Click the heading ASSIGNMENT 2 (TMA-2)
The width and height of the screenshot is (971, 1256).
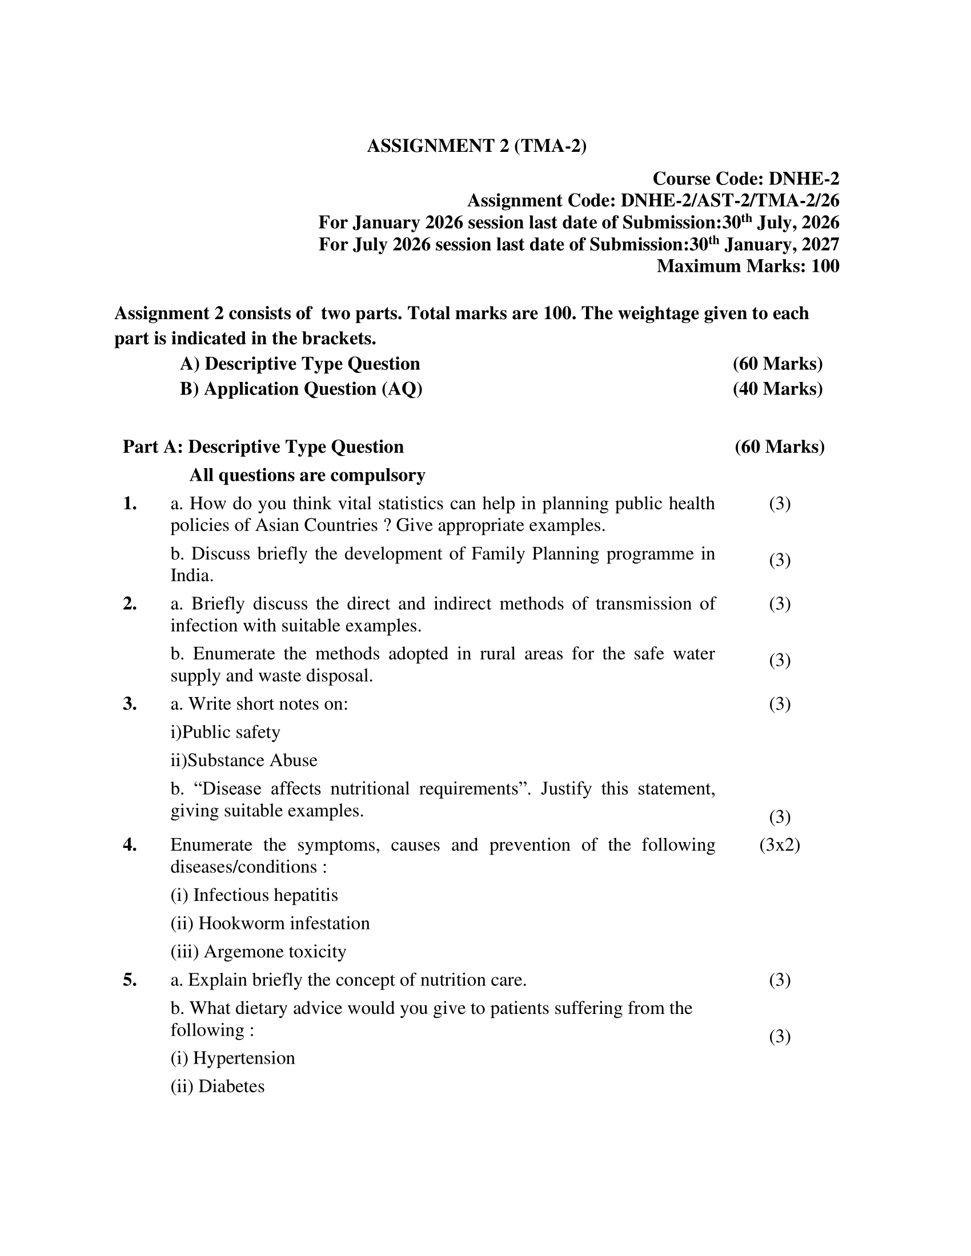click(476, 146)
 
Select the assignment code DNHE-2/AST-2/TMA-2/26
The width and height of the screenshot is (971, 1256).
click(729, 201)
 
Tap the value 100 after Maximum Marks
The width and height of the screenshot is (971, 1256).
click(825, 266)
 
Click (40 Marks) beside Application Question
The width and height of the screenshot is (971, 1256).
click(777, 389)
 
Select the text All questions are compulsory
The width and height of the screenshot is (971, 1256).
click(307, 475)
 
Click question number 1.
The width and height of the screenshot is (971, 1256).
click(130, 504)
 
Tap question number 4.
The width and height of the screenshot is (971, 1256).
click(130, 845)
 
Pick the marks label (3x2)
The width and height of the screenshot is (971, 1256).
click(780, 845)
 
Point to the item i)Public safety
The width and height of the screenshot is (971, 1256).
click(225, 732)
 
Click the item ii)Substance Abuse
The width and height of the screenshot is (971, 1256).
click(243, 760)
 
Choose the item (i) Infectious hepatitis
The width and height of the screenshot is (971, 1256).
click(254, 895)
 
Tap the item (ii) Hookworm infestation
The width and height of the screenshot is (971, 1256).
click(270, 923)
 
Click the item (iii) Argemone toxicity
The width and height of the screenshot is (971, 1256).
click(258, 951)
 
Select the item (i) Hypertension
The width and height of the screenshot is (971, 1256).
click(232, 1058)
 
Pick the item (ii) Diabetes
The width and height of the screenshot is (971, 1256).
click(218, 1086)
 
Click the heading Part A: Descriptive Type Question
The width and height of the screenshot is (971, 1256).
click(263, 447)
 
